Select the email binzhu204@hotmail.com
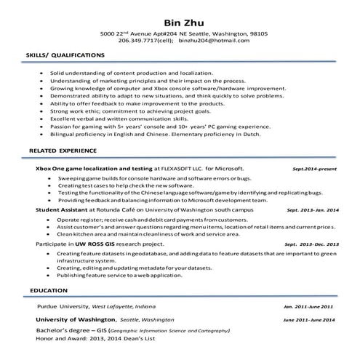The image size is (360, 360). (x=208, y=41)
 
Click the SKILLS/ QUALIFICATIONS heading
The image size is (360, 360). (x=65, y=55)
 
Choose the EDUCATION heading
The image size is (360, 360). (x=49, y=290)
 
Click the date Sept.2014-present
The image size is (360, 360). (x=315, y=168)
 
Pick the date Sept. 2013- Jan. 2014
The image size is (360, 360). (x=313, y=209)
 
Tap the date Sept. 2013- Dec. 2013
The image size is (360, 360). (x=312, y=244)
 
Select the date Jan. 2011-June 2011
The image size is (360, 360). (x=308, y=307)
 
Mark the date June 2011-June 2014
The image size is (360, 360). (x=308, y=321)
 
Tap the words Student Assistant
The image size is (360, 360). (x=62, y=209)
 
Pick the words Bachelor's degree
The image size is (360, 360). (x=61, y=331)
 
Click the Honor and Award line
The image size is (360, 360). (x=87, y=339)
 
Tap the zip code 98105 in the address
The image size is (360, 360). (x=258, y=33)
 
